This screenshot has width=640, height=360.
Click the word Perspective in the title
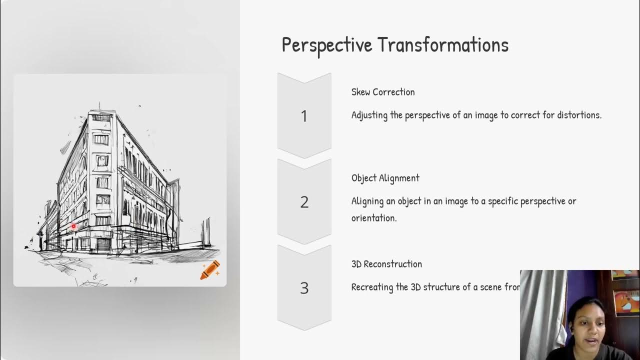click(x=327, y=45)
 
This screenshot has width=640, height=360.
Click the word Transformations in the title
click(x=443, y=45)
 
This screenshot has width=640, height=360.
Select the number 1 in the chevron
click(x=304, y=116)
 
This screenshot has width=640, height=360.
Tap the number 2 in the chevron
click(x=304, y=202)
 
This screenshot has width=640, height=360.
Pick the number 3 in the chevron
click(x=304, y=288)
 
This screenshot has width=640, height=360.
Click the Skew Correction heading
click(x=383, y=92)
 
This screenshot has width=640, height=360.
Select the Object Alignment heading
click(x=385, y=178)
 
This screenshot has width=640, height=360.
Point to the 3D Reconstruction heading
click(x=386, y=264)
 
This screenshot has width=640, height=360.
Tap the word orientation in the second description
click(x=373, y=218)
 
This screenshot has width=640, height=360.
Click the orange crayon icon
click(x=210, y=269)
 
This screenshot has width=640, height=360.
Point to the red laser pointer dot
click(x=73, y=226)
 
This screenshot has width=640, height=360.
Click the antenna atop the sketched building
click(x=99, y=106)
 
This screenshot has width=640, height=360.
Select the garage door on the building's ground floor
click(x=103, y=244)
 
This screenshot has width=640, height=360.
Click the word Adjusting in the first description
click(x=369, y=115)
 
